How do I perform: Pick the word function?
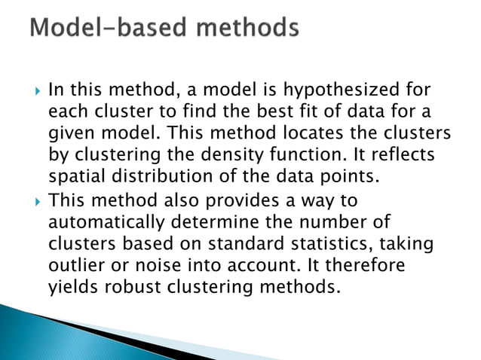point(324,156)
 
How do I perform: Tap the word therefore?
point(361,266)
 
